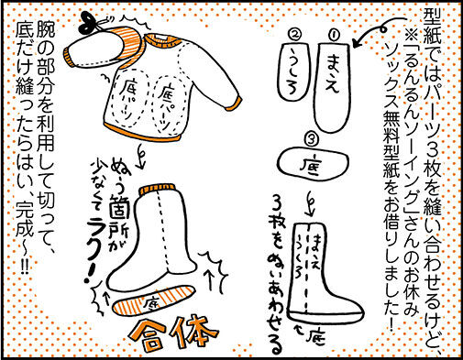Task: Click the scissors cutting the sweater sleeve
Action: click(92, 23)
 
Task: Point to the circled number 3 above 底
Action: click(313, 140)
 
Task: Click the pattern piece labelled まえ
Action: click(332, 87)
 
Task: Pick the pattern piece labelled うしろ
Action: click(294, 72)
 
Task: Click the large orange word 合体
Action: click(174, 334)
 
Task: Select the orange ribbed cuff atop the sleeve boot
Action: click(158, 190)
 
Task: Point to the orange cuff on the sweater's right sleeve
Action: click(236, 102)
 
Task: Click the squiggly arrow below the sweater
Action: click(141, 158)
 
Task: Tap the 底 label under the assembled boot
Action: click(316, 337)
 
